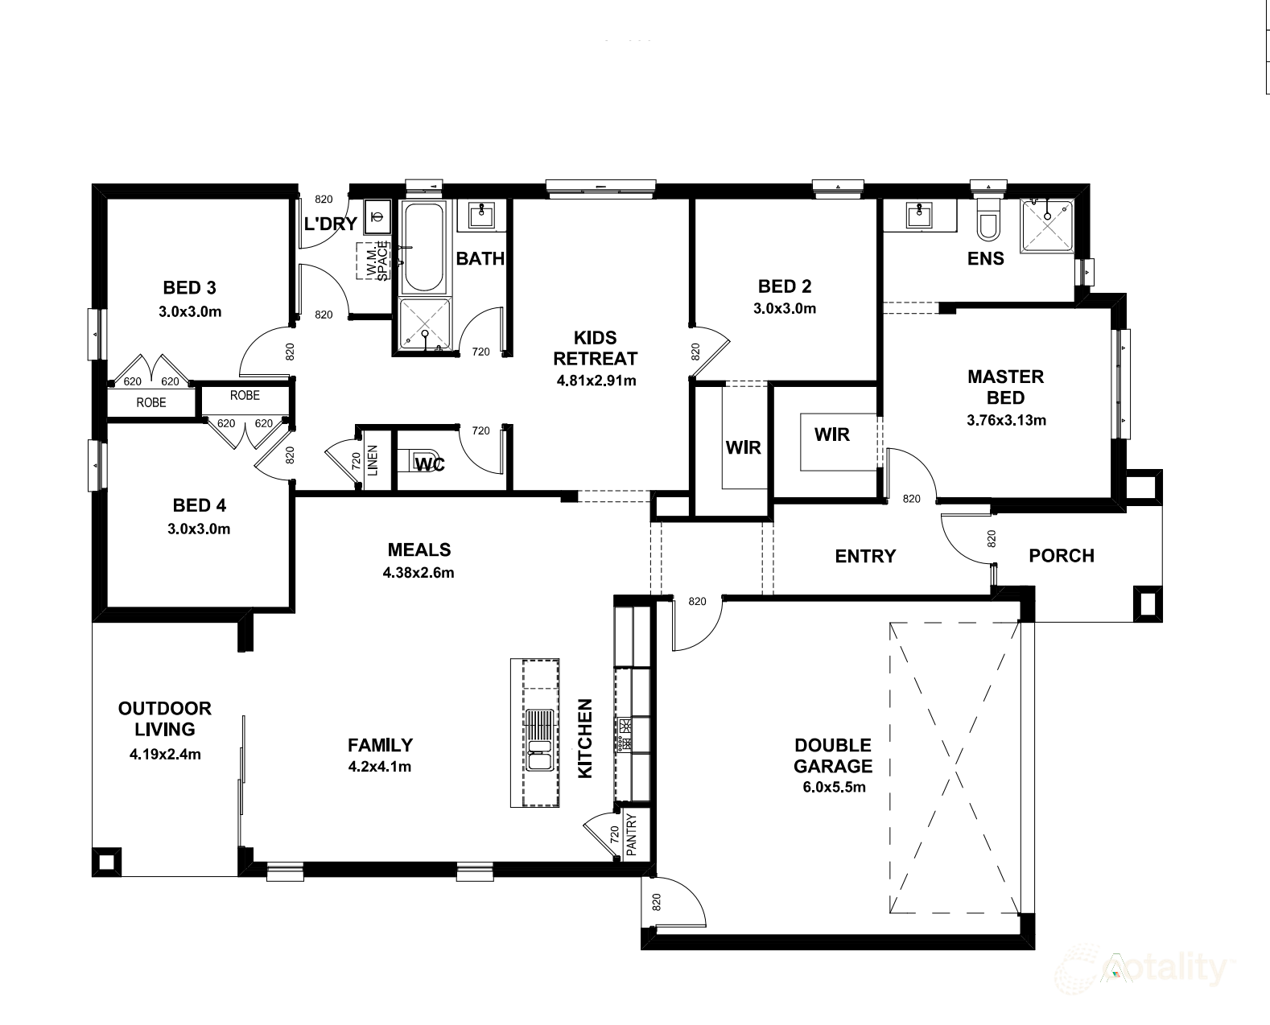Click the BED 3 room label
[x=190, y=288]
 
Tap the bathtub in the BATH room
[x=423, y=246]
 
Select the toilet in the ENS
[x=988, y=220]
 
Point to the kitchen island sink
[x=539, y=740]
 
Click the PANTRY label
[x=632, y=835]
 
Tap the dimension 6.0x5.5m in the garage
[x=834, y=787]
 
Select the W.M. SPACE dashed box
[x=373, y=261]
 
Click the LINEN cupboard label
[x=373, y=460]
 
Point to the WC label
[x=430, y=464]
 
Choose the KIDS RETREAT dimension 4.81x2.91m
[x=596, y=381]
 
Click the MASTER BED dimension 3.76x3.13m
[x=1007, y=420]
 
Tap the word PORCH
[x=1062, y=555]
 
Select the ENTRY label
[x=865, y=556]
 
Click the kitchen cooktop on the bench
[x=625, y=735]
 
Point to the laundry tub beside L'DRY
[x=377, y=216]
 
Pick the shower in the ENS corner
[x=1048, y=226]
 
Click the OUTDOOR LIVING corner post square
[x=107, y=862]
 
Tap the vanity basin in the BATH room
[x=481, y=215]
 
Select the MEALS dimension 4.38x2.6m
[x=419, y=573]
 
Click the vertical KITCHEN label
[x=585, y=739]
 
